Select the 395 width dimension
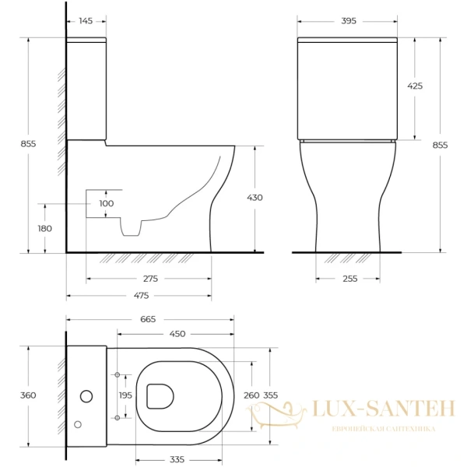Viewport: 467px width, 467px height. [x=348, y=21]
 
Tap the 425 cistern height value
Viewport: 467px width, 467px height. [x=415, y=86]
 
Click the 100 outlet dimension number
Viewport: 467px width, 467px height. [x=106, y=203]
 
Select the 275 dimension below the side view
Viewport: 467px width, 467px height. [x=150, y=278]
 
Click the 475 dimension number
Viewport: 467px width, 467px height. [x=140, y=295]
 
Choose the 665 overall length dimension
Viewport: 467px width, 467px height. [x=148, y=319]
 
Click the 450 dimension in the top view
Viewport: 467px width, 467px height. [x=177, y=334]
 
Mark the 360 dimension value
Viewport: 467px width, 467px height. [x=28, y=395]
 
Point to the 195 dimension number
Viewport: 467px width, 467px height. [x=125, y=396]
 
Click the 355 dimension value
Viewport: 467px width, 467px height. [x=270, y=395]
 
